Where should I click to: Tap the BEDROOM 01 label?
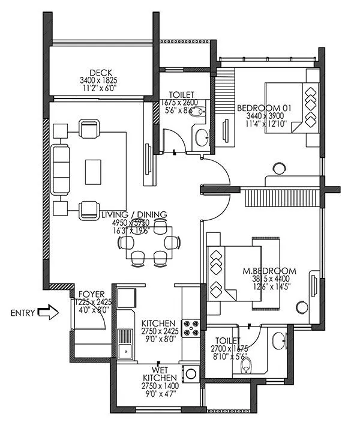(264, 108)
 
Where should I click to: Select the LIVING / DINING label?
(134, 214)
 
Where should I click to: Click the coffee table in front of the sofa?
(94, 170)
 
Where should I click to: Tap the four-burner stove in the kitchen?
(191, 328)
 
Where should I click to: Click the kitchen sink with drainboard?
(125, 344)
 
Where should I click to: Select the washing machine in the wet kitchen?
(191, 373)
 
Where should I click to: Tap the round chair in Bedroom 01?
(279, 169)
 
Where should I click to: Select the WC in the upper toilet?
(199, 113)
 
